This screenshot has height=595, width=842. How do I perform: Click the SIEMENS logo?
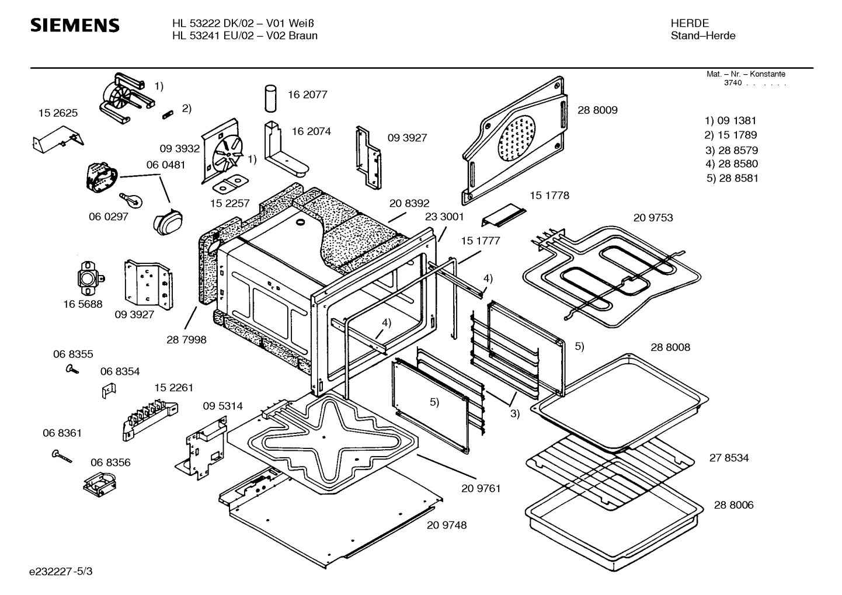tap(75, 26)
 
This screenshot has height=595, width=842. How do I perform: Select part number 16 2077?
tap(307, 95)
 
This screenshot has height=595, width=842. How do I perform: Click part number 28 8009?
tap(597, 110)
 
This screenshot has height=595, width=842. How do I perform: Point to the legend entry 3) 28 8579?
tap(731, 150)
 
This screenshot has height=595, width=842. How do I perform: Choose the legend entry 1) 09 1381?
tap(730, 121)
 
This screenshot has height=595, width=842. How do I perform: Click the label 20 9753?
tap(653, 218)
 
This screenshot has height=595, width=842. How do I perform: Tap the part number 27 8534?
tap(729, 458)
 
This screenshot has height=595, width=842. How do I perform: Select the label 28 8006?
tap(733, 505)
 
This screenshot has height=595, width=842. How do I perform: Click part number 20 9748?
tap(447, 526)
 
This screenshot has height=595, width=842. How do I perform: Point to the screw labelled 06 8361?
tap(61, 456)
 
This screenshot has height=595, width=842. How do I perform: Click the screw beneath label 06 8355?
tap(73, 369)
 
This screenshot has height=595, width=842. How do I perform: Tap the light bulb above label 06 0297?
tap(131, 200)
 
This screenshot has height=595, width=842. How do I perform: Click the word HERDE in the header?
tap(690, 23)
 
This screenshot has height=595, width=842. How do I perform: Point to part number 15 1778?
tap(549, 196)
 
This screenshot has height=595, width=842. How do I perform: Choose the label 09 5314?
tap(222, 406)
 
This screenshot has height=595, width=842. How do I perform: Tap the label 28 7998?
tap(186, 340)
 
